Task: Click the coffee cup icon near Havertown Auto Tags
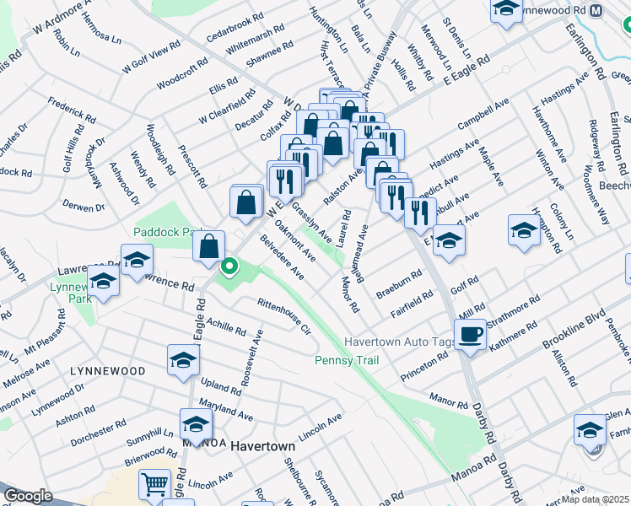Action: tap(472, 333)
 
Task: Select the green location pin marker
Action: tap(228, 268)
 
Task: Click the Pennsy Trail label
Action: tap(346, 361)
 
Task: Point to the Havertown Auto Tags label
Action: tap(400, 342)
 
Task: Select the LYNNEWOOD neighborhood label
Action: tap(107, 371)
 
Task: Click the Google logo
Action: tap(29, 496)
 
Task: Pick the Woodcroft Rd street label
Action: tap(182, 73)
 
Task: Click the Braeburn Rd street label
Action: tap(398, 283)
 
